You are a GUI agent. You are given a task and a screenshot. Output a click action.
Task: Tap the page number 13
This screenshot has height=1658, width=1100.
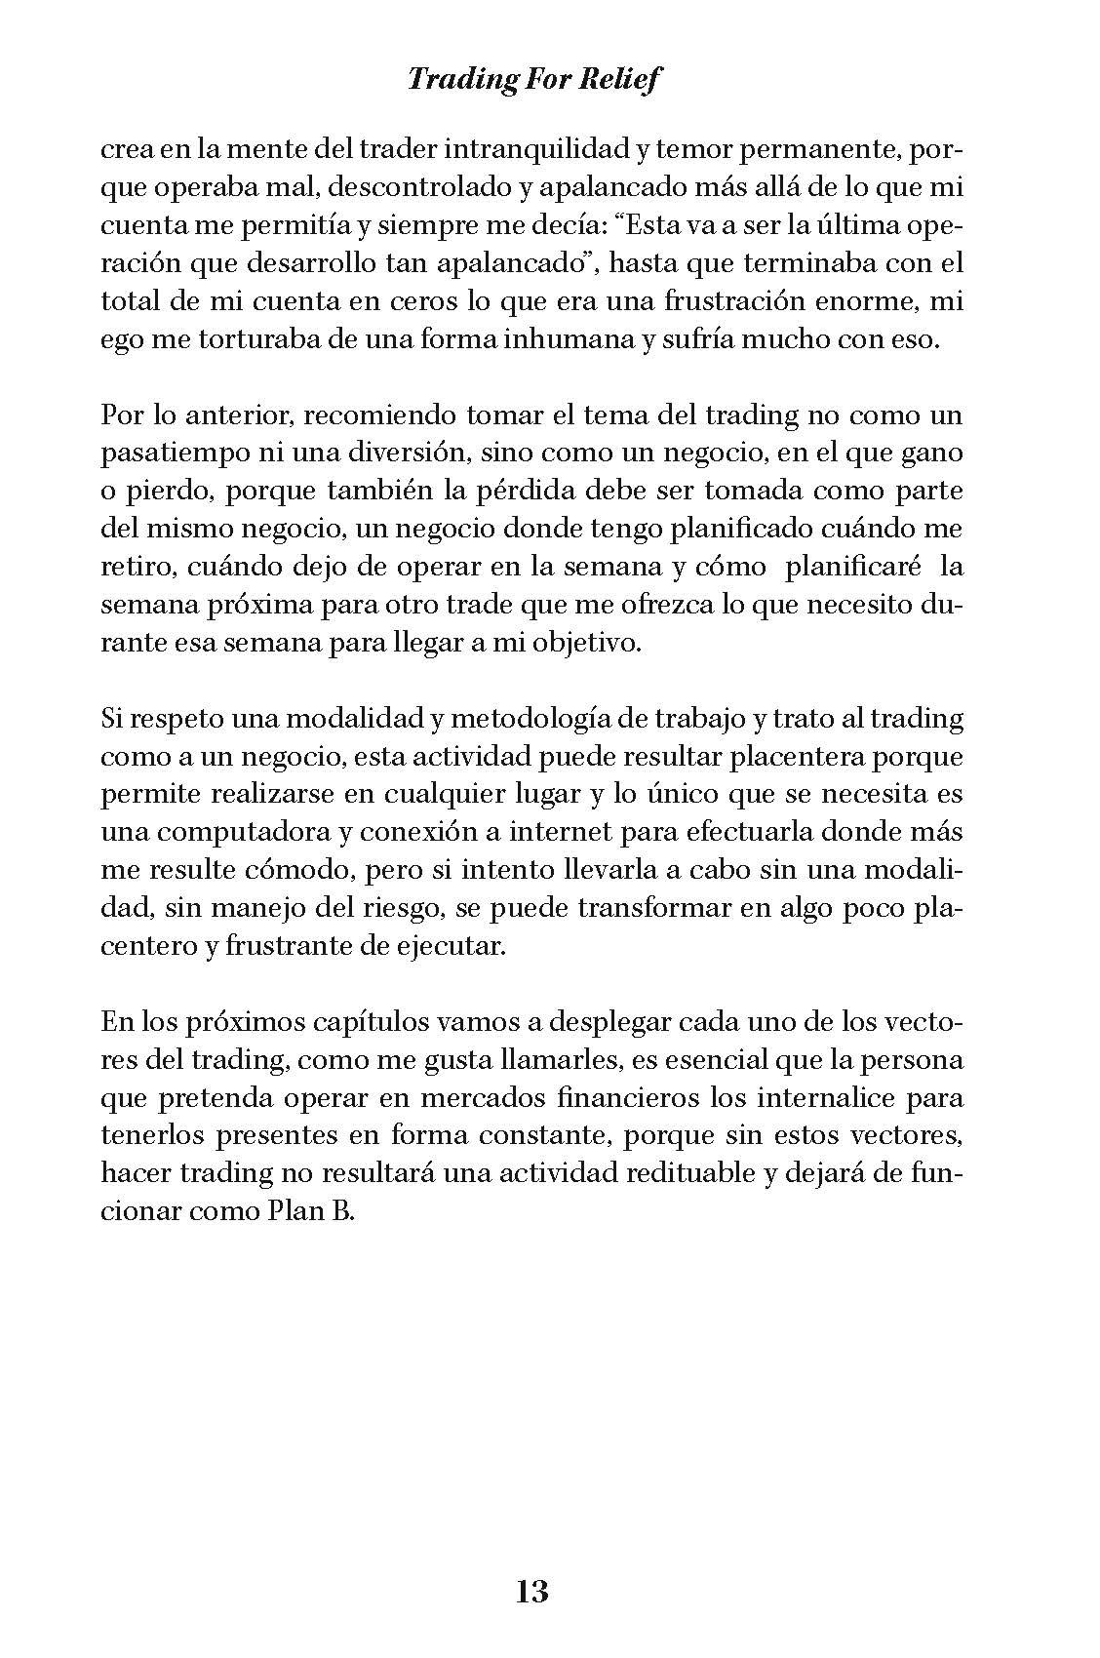point(531,1592)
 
